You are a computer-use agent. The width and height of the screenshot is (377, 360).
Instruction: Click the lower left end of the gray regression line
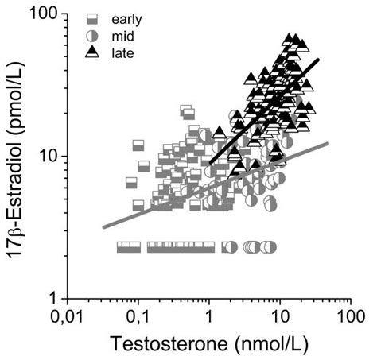pyautogui.click(x=103, y=227)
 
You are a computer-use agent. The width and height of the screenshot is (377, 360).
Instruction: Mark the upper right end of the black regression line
pyautogui.click(x=318, y=59)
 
